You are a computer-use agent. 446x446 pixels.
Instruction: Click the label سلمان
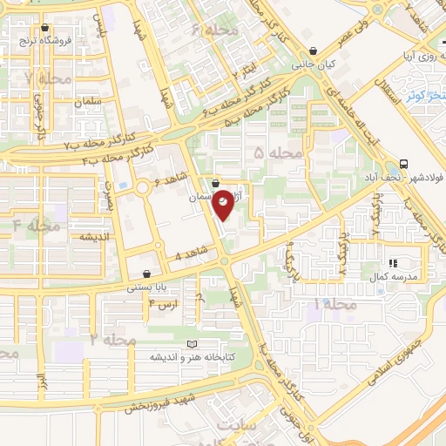coord(89,101)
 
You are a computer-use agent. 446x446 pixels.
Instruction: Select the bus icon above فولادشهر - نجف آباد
coord(403,164)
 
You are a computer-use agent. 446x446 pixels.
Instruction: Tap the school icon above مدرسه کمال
coord(392,262)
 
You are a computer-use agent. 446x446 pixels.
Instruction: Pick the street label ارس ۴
coord(163,303)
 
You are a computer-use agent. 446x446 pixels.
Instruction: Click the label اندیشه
coord(92,237)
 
